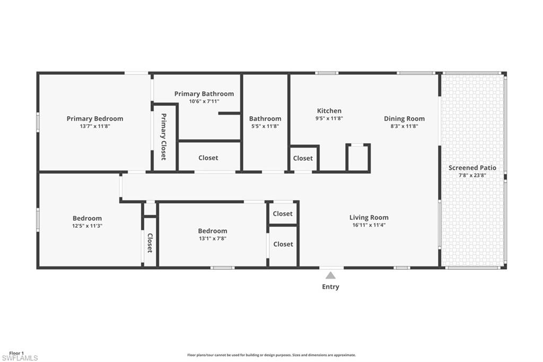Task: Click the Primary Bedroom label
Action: [95, 118]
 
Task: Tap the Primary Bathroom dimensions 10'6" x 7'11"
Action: [204, 101]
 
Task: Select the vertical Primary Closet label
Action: [164, 136]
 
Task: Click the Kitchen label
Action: [329, 110]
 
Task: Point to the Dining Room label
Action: [404, 118]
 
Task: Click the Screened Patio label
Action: [472, 168]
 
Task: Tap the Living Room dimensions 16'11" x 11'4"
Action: [369, 225]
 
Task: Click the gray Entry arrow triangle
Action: [331, 275]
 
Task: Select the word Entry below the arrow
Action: [331, 287]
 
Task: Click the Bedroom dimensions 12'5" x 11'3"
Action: [87, 226]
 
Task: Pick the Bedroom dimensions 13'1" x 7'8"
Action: [213, 238]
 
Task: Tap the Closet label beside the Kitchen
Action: [303, 158]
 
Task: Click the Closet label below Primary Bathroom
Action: [208, 158]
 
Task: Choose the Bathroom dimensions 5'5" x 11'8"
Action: [265, 126]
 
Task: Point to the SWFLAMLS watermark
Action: [20, 358]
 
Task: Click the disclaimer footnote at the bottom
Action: [271, 355]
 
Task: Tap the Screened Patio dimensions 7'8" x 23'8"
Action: [472, 176]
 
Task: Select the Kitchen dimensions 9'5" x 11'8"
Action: [329, 118]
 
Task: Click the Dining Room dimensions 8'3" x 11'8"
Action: [404, 126]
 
